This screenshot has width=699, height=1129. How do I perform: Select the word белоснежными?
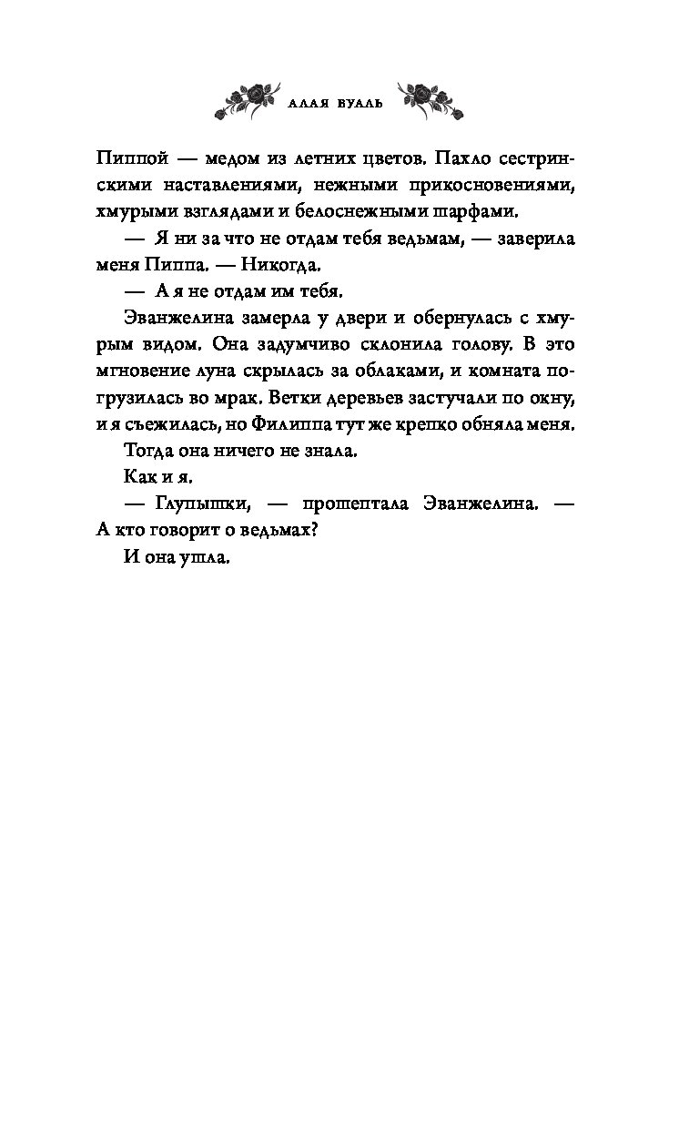click(x=382, y=211)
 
